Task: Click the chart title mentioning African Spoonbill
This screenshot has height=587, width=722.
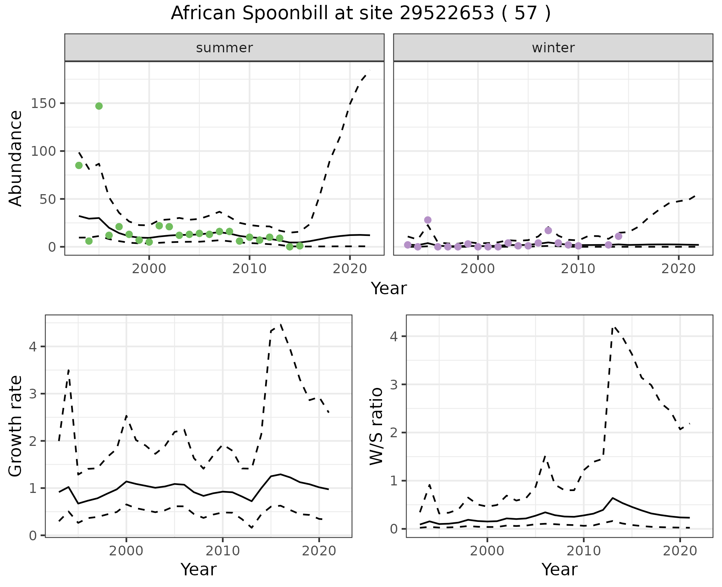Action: (x=361, y=14)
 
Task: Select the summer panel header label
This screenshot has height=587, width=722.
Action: (x=224, y=48)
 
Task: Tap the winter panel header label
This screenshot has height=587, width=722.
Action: (x=553, y=48)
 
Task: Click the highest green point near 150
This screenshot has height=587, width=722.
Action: (x=99, y=106)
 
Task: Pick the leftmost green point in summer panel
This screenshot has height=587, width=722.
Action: (x=79, y=166)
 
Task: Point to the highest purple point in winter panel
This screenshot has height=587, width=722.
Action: (x=428, y=220)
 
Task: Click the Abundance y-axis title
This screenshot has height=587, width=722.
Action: (x=16, y=158)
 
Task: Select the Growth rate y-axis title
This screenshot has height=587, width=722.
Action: (x=16, y=426)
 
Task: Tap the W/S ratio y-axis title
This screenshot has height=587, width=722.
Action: (x=376, y=426)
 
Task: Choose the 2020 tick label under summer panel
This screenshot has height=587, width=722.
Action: (x=350, y=269)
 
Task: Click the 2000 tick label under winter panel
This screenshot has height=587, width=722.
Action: (x=478, y=269)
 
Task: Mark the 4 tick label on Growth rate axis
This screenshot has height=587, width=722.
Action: (x=33, y=347)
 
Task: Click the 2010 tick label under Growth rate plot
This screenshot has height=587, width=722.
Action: (x=223, y=551)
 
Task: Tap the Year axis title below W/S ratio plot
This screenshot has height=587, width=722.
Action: (x=559, y=569)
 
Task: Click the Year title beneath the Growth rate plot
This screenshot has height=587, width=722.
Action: (x=199, y=569)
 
